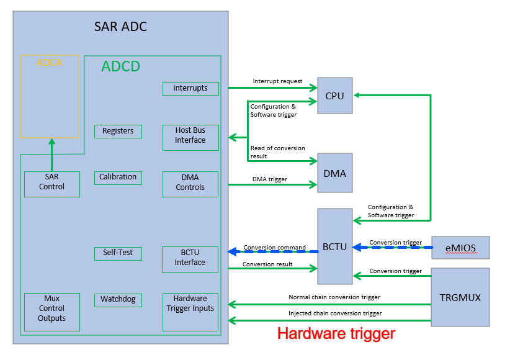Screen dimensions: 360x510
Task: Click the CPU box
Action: [334, 96]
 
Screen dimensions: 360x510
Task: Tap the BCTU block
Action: [334, 246]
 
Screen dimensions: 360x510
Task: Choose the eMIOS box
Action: [460, 248]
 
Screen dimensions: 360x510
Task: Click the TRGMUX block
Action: [460, 297]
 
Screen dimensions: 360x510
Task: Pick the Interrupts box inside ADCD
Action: [190, 88]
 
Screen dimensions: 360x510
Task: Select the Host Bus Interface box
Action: [190, 135]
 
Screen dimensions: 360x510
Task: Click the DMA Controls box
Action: [190, 182]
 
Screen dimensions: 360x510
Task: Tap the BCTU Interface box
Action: [190, 258]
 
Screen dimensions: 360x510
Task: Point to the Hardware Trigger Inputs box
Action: [190, 308]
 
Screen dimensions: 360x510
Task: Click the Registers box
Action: [118, 131]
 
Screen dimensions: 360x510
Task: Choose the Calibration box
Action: [118, 178]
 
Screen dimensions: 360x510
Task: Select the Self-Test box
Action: [118, 253]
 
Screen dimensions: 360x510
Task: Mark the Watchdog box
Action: [118, 300]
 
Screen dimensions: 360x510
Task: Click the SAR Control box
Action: [52, 182]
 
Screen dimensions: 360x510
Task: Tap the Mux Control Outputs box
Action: [52, 308]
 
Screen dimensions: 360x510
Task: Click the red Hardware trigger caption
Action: [336, 333]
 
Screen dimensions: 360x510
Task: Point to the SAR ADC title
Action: [120, 27]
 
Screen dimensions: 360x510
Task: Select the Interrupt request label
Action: [277, 81]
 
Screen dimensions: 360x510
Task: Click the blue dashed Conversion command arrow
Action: [273, 251]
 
